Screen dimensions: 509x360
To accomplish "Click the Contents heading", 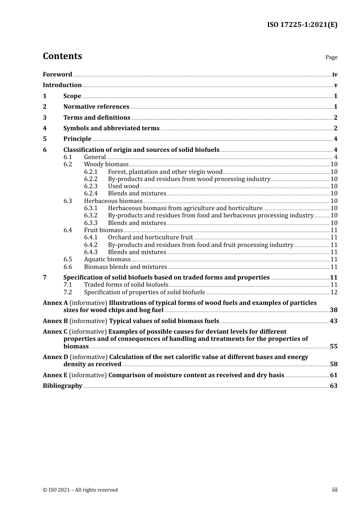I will [x=62, y=56].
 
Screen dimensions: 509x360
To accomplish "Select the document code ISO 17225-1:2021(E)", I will [x=302, y=25].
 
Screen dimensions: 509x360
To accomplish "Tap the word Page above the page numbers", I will [x=331, y=57].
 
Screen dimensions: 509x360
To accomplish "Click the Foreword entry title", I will [x=57, y=75].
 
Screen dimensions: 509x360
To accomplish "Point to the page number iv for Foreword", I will [x=335, y=75].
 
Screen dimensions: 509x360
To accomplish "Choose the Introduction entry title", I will [x=62, y=85].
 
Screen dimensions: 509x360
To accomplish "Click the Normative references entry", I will [x=96, y=107].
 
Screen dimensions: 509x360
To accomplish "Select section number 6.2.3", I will [x=91, y=186].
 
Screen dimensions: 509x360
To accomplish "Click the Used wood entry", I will [x=124, y=186].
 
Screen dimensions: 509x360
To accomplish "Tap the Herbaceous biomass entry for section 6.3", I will [x=113, y=201].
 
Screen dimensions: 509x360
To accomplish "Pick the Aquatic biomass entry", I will [x=107, y=259].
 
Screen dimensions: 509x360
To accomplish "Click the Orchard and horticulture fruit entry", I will [x=150, y=237].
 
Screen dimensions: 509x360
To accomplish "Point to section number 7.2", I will [x=67, y=292].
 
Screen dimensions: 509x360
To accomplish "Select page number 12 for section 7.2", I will [x=334, y=292].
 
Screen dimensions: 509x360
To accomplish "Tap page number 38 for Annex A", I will [x=333, y=310].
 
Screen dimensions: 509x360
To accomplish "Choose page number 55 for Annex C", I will [x=333, y=347].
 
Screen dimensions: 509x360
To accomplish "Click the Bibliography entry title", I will [x=63, y=386].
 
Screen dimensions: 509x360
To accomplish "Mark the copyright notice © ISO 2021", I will [x=80, y=490].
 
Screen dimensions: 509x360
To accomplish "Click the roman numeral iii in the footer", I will [x=335, y=490].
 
